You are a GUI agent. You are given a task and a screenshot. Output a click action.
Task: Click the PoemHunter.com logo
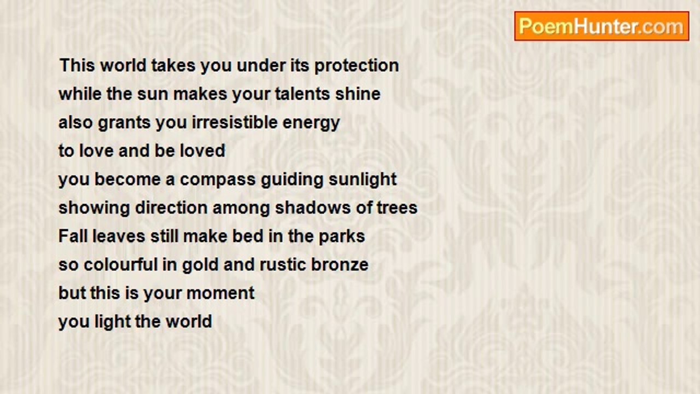click(x=602, y=26)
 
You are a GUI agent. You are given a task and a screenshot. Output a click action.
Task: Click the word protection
click(x=357, y=66)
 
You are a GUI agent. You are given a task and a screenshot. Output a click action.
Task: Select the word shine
click(x=358, y=94)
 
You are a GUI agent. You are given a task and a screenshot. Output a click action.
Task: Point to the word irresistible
click(x=235, y=122)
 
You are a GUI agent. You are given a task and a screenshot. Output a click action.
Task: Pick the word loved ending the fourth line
click(x=202, y=150)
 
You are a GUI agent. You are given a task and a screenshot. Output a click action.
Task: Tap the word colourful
click(x=121, y=264)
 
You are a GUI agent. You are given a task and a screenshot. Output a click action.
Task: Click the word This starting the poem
click(x=77, y=65)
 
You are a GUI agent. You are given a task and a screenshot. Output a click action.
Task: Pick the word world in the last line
click(x=189, y=321)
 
